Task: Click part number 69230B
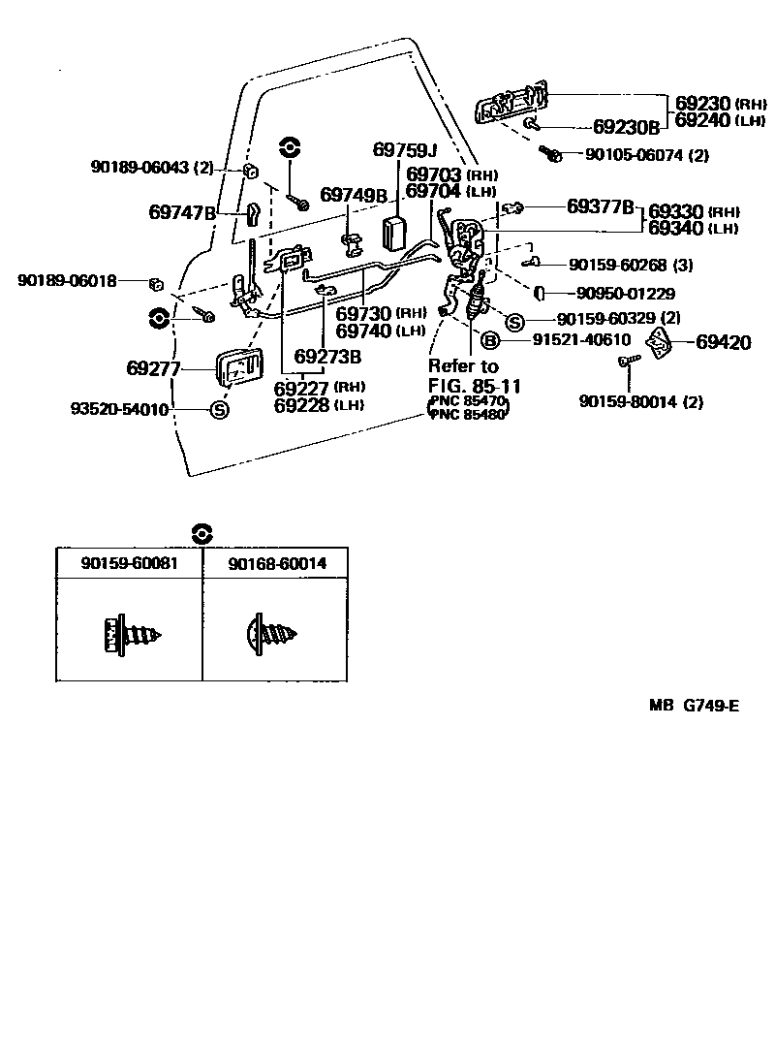pos(626,127)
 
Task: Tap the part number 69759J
pos(405,150)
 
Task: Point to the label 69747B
pos(181,211)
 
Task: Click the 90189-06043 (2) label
pos(152,167)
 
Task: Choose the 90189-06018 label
pos(67,281)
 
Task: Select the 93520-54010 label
pos(120,410)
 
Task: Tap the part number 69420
pos(724,342)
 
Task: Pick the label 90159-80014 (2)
pos(641,401)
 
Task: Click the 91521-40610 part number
pos(581,340)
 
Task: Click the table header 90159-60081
pos(129,563)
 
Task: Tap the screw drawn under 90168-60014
pos(273,635)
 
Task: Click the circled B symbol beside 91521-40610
pos(490,340)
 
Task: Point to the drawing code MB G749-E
pos(694,733)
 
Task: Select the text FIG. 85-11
pos(475,386)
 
